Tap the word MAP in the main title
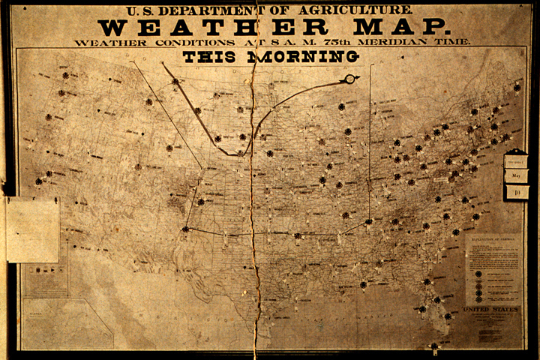pyautogui.click(x=409, y=27)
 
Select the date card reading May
pyautogui.click(x=516, y=176)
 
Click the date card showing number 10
pyautogui.click(x=516, y=192)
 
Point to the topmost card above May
pyautogui.click(x=516, y=160)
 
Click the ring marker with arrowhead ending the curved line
pyautogui.click(x=349, y=79)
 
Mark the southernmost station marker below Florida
pyautogui.click(x=433, y=346)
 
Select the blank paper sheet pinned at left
pyautogui.click(x=32, y=229)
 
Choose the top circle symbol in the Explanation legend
pyautogui.click(x=478, y=274)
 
